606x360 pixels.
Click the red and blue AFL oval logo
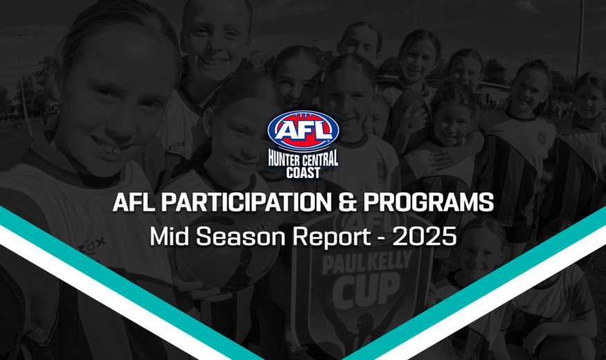click(303, 130)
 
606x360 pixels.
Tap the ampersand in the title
click(346, 202)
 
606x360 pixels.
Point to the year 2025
click(425, 236)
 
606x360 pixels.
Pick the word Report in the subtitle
click(332, 237)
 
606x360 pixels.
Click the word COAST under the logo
click(303, 172)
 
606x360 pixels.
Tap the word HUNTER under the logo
click(285, 158)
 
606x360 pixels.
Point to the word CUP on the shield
click(362, 289)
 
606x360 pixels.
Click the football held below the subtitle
click(224, 267)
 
